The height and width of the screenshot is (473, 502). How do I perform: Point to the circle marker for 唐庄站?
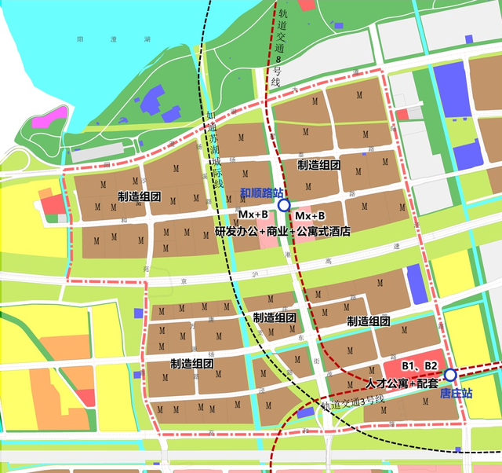(x=450, y=375)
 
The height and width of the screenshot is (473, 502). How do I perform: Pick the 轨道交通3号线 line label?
(x=352, y=404)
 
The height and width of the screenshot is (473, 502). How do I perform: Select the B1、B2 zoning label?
(x=420, y=366)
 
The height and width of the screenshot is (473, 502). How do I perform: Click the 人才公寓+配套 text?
(x=403, y=382)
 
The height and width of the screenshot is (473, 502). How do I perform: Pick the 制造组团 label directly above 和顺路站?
(x=318, y=166)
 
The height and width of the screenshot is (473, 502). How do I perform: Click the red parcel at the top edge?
(x=306, y=4)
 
